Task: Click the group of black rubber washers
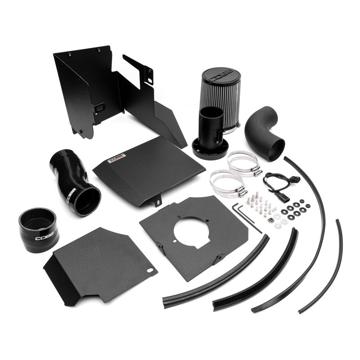point(295,210)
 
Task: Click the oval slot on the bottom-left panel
point(150,271)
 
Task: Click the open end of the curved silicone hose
point(87,200)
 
